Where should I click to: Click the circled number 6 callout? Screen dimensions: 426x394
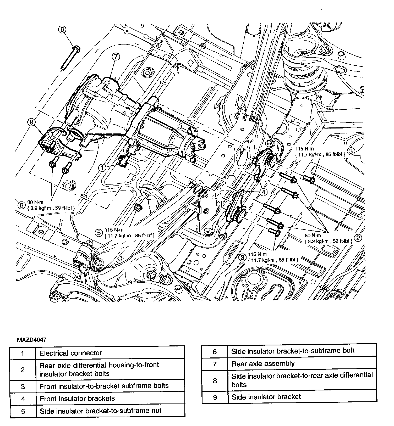click(62, 29)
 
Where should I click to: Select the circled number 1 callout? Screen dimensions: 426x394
click(102, 168)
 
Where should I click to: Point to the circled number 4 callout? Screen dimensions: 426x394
click(263, 192)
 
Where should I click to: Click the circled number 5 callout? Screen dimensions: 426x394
click(99, 233)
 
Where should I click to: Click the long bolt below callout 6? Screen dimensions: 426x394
click(71, 58)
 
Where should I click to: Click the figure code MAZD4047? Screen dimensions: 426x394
click(32, 340)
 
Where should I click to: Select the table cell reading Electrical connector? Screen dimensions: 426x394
click(110, 353)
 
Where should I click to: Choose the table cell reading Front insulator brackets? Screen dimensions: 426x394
click(110, 399)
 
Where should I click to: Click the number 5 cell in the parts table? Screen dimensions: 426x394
click(23, 411)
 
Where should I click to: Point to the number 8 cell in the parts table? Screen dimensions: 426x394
click(215, 380)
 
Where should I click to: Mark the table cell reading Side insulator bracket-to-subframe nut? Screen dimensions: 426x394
click(110, 411)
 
